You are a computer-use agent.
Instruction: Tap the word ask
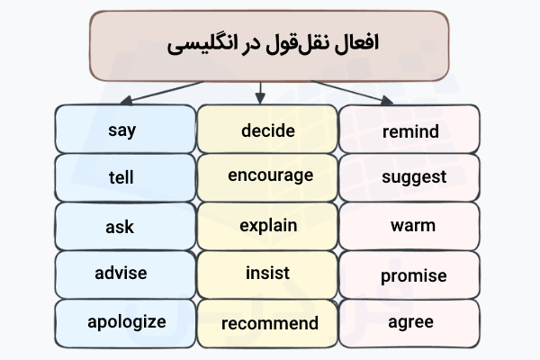click(121, 226)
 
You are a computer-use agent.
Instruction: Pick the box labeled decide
click(268, 130)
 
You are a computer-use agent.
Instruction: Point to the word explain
click(268, 225)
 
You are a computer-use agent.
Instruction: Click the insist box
click(268, 273)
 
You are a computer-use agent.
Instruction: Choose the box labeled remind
click(410, 132)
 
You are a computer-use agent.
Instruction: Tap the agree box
click(410, 321)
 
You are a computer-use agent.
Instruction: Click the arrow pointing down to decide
click(260, 90)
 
